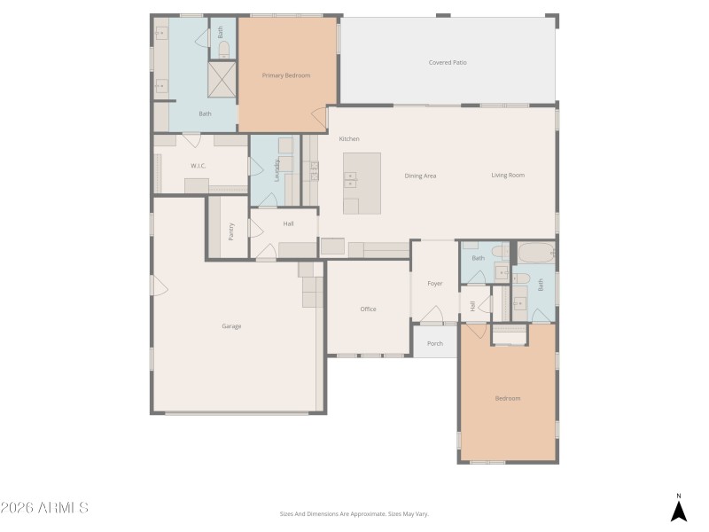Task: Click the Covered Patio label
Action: (x=448, y=63)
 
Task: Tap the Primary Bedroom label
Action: (x=286, y=75)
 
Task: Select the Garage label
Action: (x=231, y=326)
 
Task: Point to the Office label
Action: (x=368, y=309)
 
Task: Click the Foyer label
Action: (x=434, y=284)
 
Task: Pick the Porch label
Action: (x=434, y=344)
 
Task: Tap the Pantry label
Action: (x=230, y=231)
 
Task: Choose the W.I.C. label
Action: (x=199, y=166)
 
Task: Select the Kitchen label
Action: (x=349, y=139)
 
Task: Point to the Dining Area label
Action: (x=420, y=176)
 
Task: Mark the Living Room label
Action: (x=508, y=176)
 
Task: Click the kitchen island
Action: (x=362, y=183)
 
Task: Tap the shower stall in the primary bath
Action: (x=223, y=81)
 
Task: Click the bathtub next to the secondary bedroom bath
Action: (x=535, y=254)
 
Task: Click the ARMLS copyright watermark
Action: (x=44, y=508)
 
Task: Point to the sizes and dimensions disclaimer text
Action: (x=354, y=513)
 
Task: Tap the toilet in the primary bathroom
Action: (x=223, y=49)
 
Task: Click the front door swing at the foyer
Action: (x=432, y=316)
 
